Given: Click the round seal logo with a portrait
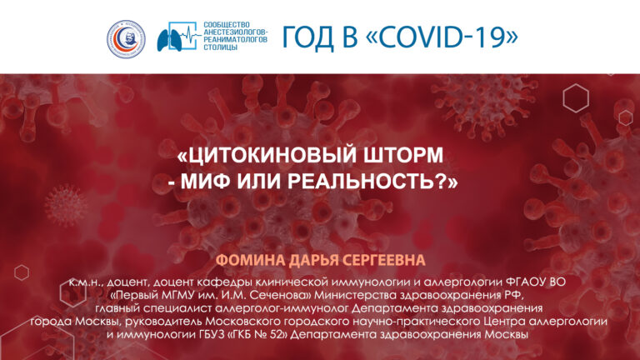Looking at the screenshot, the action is [x=126, y=39].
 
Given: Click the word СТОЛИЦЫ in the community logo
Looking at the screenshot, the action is [x=220, y=47].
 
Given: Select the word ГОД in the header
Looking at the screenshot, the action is [x=308, y=37].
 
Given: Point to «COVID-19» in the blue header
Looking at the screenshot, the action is [x=442, y=37].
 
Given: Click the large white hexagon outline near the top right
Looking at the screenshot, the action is [x=576, y=98].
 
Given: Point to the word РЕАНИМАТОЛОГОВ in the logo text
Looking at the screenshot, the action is [x=236, y=40].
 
